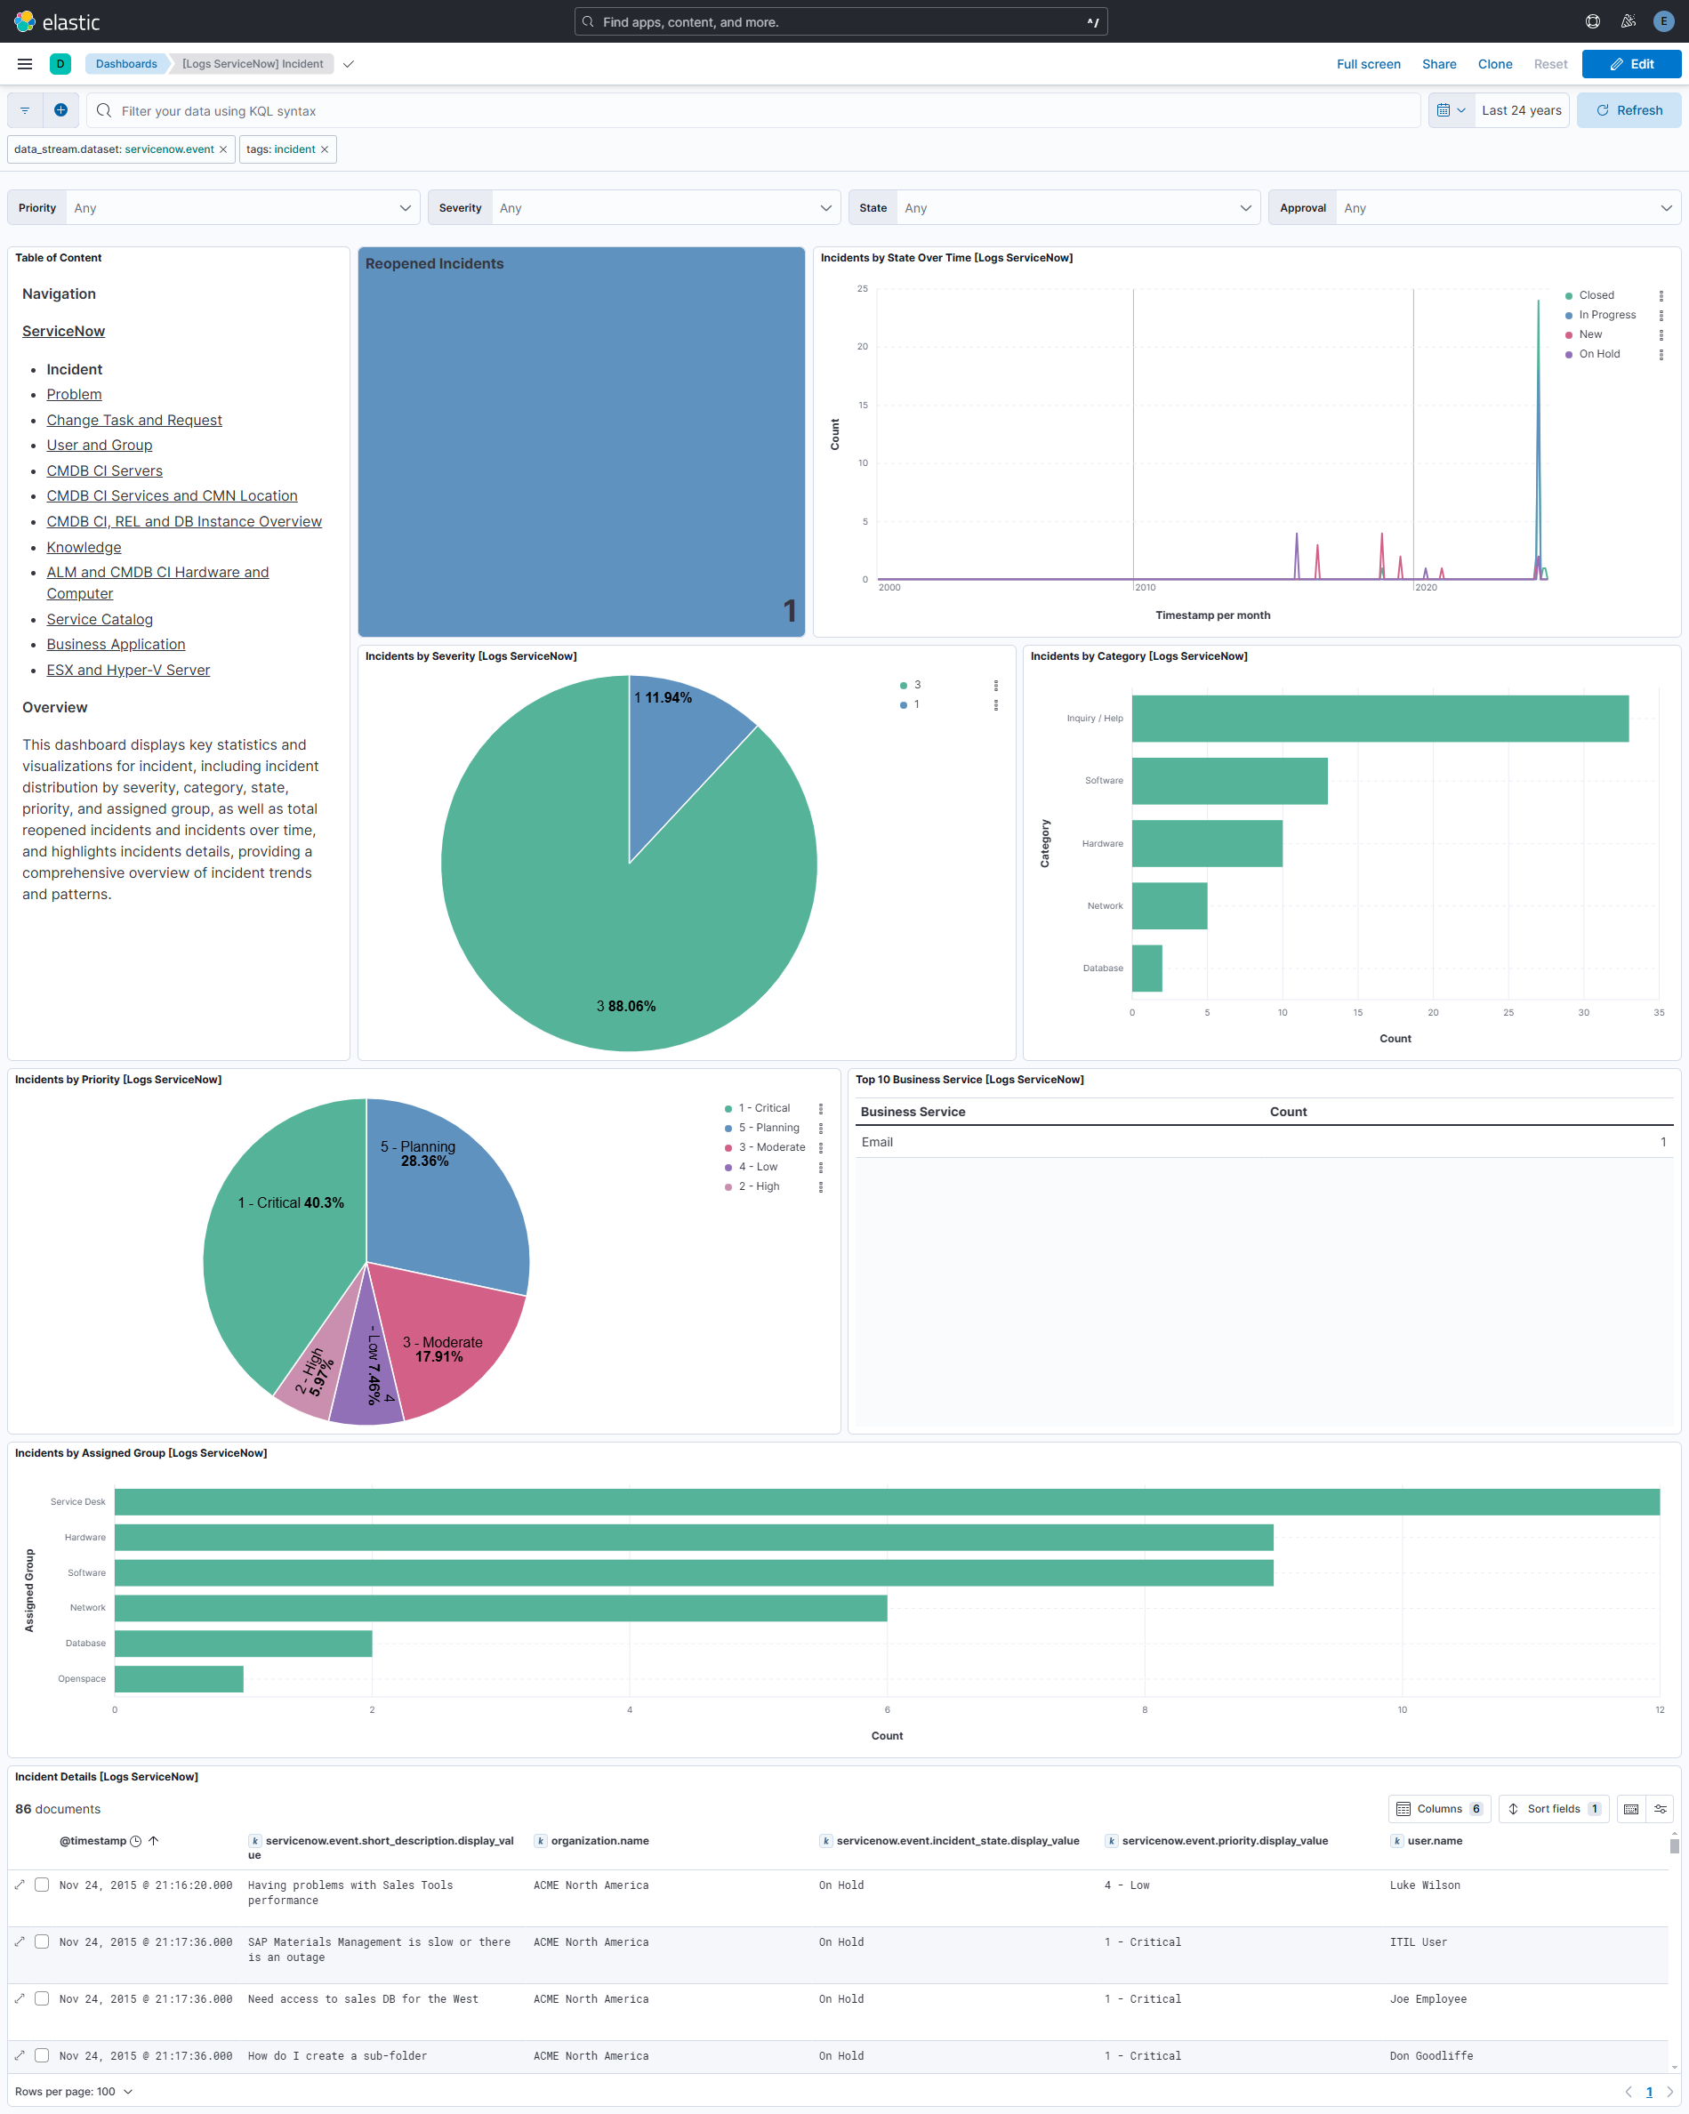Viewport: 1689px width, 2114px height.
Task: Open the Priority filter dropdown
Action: pyautogui.click(x=241, y=208)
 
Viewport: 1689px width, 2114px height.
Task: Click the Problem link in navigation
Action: pyautogui.click(x=74, y=394)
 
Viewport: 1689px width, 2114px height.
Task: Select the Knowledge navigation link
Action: pyautogui.click(x=84, y=547)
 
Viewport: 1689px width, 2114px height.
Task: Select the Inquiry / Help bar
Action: pyautogui.click(x=1379, y=719)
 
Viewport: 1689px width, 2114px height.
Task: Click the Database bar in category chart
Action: pyautogui.click(x=1146, y=969)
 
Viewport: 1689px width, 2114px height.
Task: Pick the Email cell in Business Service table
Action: pyautogui.click(x=877, y=1142)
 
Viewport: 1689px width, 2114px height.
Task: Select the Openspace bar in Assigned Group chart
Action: pyautogui.click(x=179, y=1678)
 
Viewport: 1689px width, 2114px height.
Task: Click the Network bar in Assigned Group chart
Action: pyautogui.click(x=500, y=1608)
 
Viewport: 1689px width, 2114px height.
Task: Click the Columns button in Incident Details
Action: pyautogui.click(x=1438, y=1809)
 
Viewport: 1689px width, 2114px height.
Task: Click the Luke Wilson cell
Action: pyautogui.click(x=1424, y=1885)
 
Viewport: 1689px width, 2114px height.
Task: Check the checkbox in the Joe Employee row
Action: pyautogui.click(x=42, y=1998)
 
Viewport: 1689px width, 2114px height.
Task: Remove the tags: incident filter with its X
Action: pyautogui.click(x=325, y=149)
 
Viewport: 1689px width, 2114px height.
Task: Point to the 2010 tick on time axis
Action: pyautogui.click(x=1145, y=587)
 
